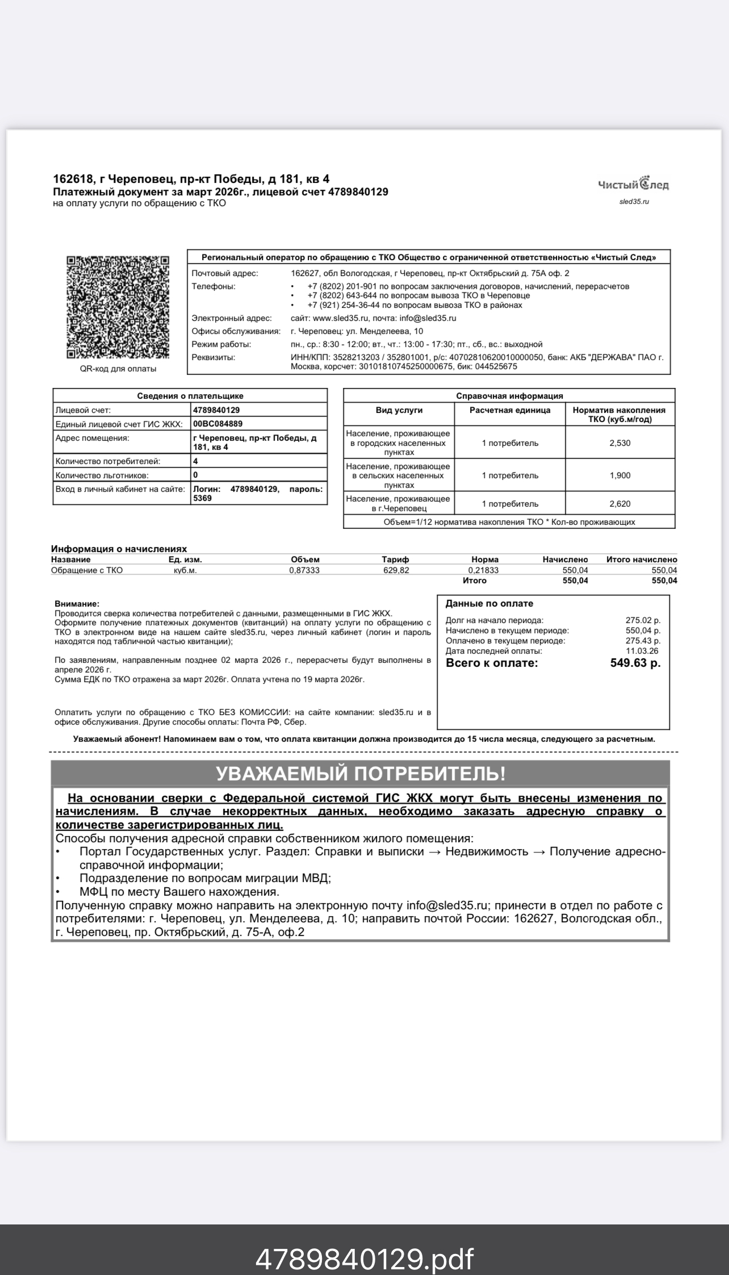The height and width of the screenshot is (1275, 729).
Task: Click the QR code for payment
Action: [x=118, y=307]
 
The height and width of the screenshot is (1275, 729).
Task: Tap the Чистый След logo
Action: [x=633, y=184]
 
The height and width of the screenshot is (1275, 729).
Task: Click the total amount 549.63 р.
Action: [x=635, y=663]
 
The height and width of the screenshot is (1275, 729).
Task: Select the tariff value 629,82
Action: [x=396, y=570]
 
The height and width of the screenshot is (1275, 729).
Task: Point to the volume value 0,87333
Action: [x=304, y=570]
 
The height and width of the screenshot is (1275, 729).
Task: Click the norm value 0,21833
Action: [x=483, y=570]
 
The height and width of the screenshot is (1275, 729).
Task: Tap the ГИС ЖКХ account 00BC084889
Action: [x=218, y=424]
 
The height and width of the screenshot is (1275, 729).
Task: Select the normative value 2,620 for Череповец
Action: [x=619, y=504]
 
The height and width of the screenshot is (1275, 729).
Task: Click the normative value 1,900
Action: [x=619, y=475]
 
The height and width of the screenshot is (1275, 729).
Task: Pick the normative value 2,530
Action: [x=619, y=443]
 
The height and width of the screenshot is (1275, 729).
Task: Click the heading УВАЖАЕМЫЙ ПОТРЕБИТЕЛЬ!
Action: [x=360, y=774]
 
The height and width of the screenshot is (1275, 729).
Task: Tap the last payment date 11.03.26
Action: [x=642, y=651]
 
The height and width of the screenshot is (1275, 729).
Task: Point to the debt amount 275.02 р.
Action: [x=643, y=620]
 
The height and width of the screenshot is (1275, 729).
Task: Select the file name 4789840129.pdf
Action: [x=364, y=1243]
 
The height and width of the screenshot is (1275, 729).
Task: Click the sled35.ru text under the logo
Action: [x=634, y=202]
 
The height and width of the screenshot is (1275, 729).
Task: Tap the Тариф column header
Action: [x=395, y=559]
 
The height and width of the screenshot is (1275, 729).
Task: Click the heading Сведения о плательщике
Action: [x=190, y=396]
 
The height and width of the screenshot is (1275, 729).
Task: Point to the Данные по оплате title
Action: [x=489, y=604]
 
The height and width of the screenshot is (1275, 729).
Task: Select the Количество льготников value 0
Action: [x=196, y=475]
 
